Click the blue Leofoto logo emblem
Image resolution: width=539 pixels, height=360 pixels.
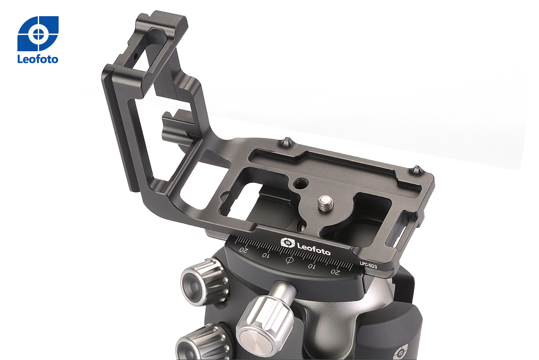click(x=38, y=33)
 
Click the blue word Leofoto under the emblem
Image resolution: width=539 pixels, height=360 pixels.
click(x=38, y=59)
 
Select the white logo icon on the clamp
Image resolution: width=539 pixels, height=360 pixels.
click(x=288, y=243)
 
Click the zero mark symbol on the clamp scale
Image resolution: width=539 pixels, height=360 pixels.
click(x=289, y=260)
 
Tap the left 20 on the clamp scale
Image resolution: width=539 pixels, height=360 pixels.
click(x=243, y=249)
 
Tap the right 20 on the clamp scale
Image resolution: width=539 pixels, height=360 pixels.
click(x=335, y=272)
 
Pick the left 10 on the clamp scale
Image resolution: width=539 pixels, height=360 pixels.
click(x=265, y=255)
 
